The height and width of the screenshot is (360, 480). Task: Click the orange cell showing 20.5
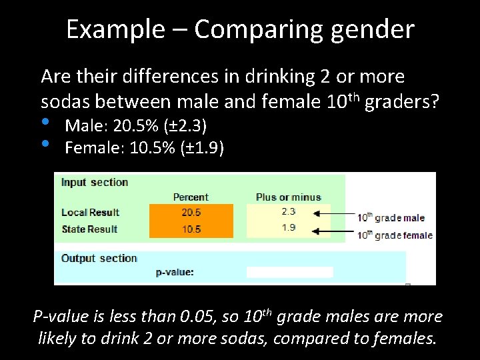191,213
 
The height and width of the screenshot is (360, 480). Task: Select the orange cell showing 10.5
191,229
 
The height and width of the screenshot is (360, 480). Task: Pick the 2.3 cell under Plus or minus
289,211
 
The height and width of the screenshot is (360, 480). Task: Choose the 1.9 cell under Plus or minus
289,228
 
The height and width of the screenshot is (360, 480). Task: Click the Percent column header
191,197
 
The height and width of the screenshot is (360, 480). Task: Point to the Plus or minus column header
289,197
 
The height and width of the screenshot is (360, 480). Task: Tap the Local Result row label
90,213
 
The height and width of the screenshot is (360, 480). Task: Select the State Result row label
89,229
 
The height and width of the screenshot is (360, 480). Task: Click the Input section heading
95,182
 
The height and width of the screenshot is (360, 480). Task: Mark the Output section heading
99,258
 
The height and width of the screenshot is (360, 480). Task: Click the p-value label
175,272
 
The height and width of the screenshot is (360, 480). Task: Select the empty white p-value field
289,272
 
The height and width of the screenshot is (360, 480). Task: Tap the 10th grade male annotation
391,217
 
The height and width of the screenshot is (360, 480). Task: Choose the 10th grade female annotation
395,234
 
